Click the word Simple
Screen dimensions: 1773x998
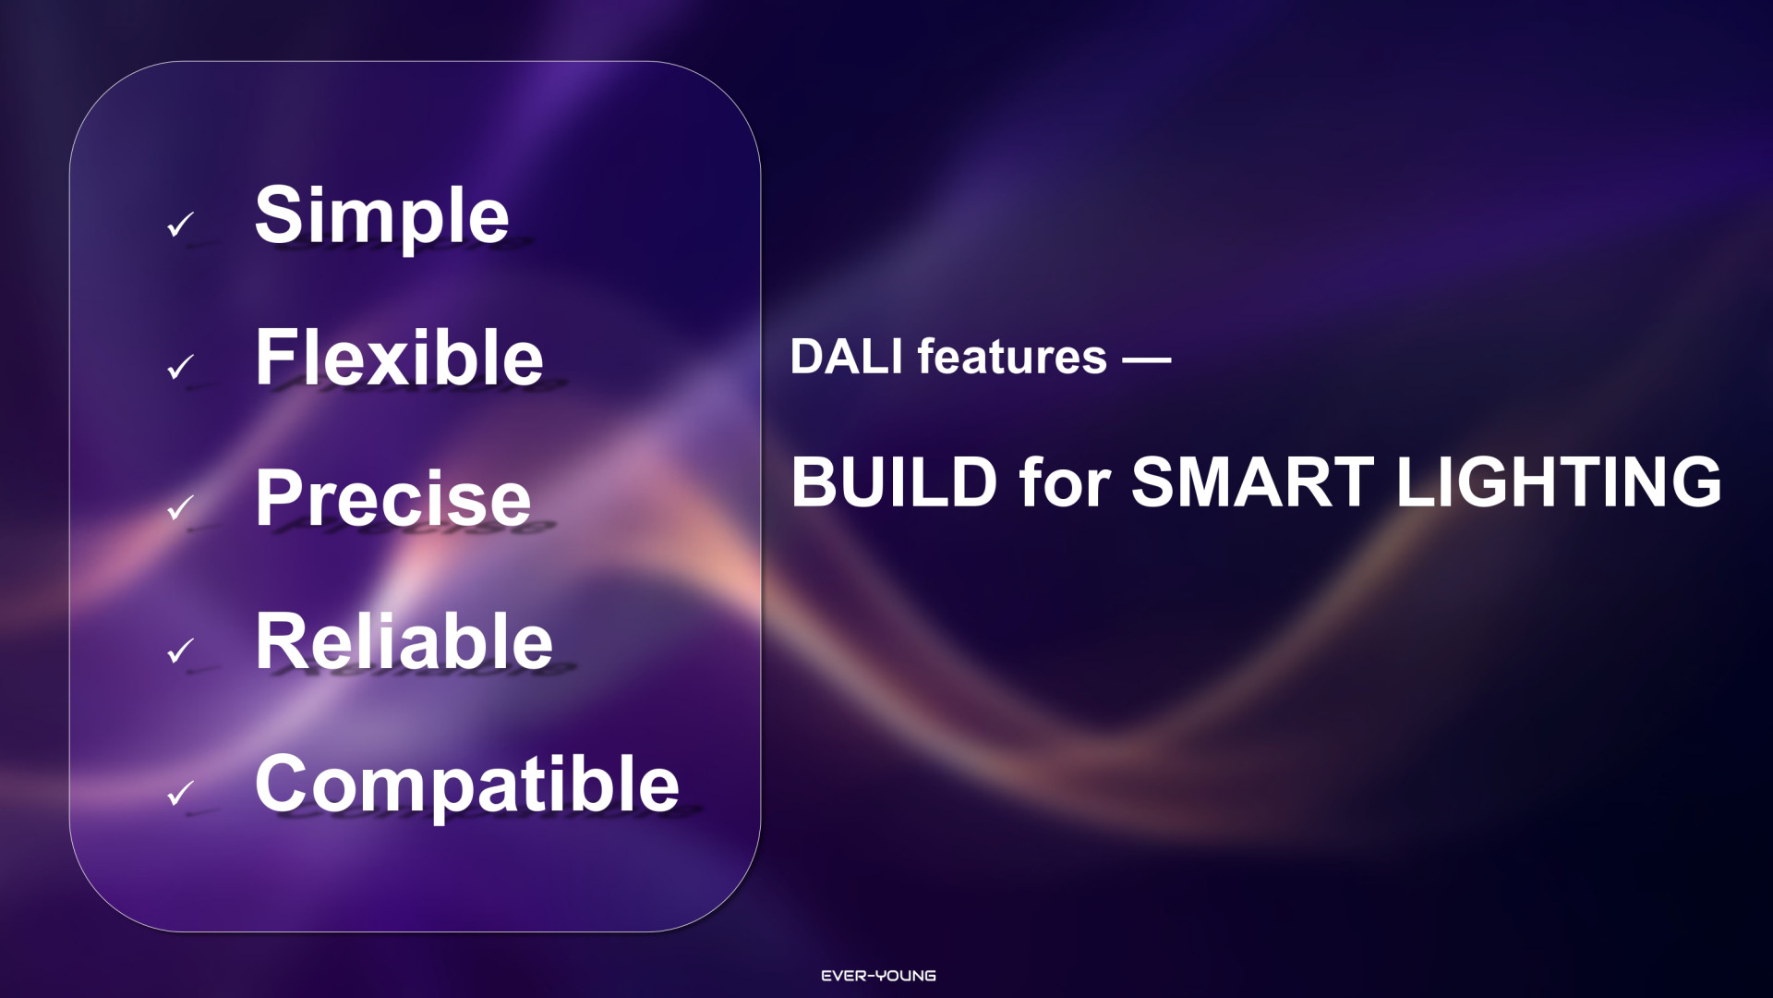(381, 216)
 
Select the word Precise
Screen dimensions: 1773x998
(393, 498)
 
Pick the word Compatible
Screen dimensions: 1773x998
(467, 785)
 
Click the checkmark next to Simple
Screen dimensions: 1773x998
(181, 225)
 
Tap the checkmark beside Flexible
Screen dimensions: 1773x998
(181, 367)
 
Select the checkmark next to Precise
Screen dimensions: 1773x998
(181, 507)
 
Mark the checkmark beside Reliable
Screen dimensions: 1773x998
(181, 651)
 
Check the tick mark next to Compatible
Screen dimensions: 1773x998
(181, 793)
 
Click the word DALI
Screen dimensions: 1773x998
(846, 357)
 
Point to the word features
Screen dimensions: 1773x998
(1012, 357)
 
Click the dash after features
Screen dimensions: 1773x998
(1147, 359)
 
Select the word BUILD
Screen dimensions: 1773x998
(894, 482)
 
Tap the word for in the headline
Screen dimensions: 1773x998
(1064, 482)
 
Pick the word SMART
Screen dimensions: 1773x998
(1253, 482)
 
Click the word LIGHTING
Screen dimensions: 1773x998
(1559, 482)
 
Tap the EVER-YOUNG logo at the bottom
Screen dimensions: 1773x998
(878, 976)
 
